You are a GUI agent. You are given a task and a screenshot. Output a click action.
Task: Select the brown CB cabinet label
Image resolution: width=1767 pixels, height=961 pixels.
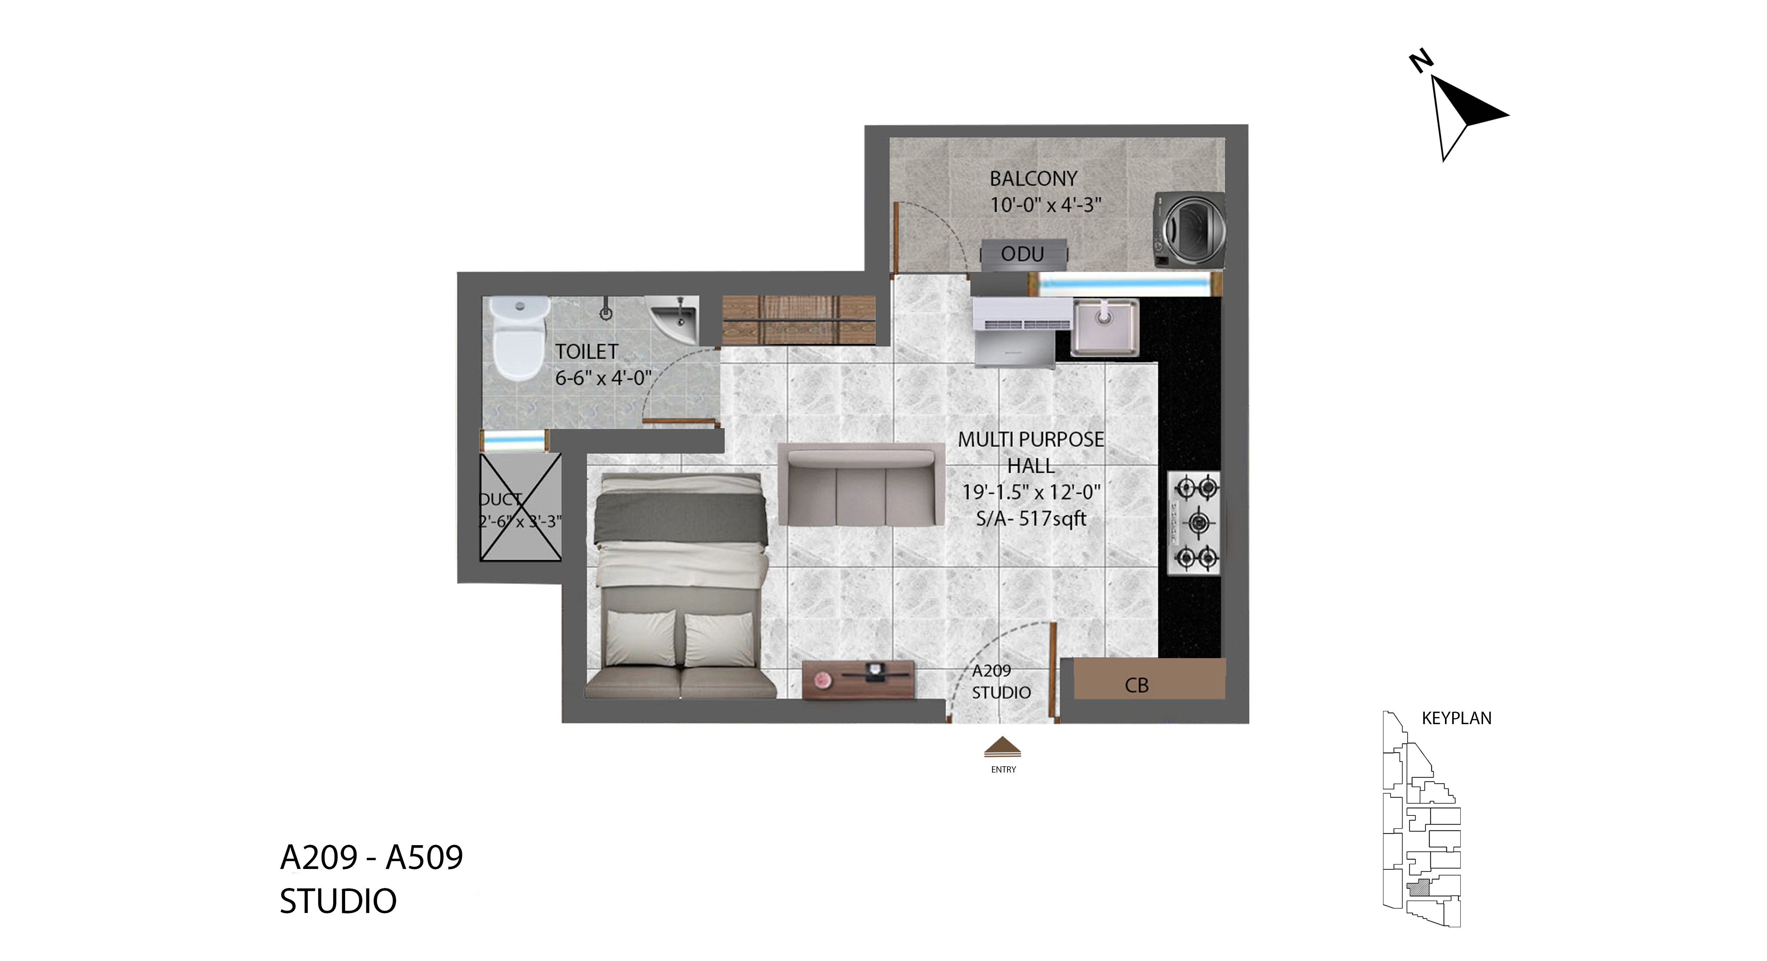[x=1136, y=685]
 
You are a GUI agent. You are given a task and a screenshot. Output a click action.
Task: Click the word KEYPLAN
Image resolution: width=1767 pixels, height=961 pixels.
[x=1456, y=718]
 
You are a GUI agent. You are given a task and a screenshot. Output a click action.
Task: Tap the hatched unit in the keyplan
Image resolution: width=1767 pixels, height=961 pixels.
[x=1419, y=888]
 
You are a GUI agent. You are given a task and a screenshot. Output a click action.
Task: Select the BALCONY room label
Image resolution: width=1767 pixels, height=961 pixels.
[x=1033, y=179]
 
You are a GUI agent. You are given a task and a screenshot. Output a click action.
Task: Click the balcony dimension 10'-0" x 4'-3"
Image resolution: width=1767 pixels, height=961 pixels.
[x=1045, y=205]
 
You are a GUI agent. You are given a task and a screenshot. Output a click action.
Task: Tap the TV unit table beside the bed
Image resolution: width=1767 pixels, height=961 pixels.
[x=858, y=679]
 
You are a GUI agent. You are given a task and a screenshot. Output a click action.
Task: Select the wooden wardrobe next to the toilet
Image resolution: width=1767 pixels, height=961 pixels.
[x=799, y=320]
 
